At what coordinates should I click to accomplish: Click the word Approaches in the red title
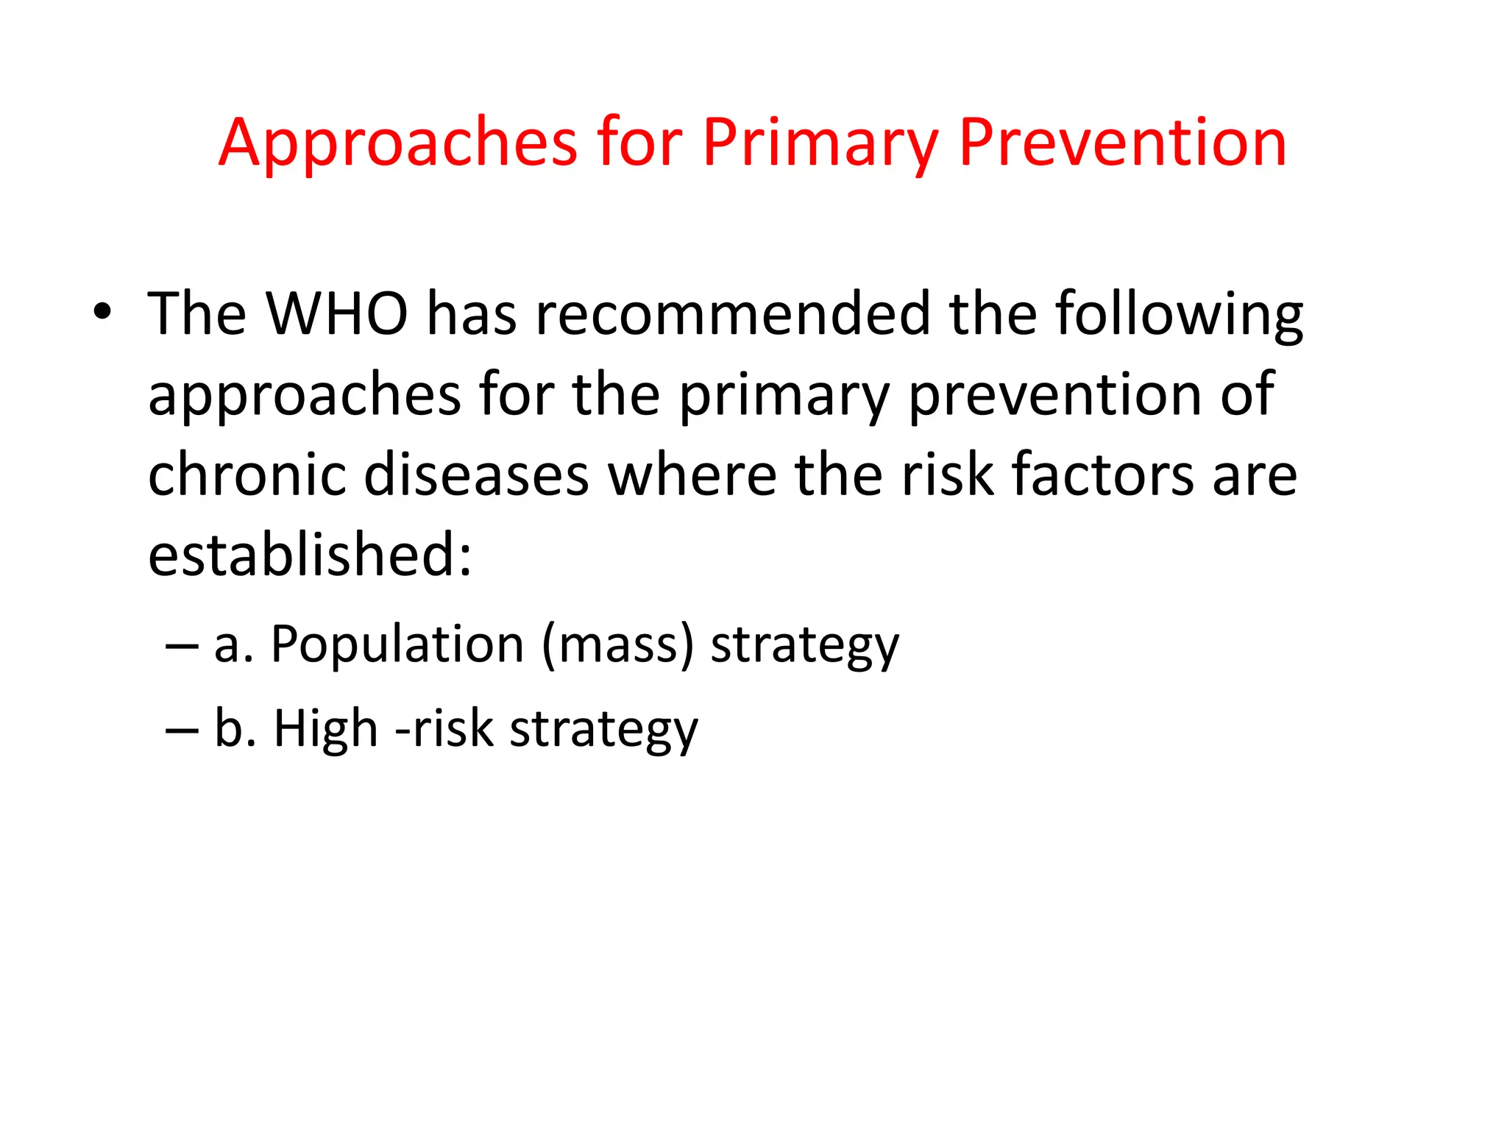tap(397, 143)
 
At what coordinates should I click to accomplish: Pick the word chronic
tap(247, 475)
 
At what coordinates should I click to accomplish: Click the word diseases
tap(476, 475)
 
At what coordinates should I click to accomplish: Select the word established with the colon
tap(309, 555)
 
